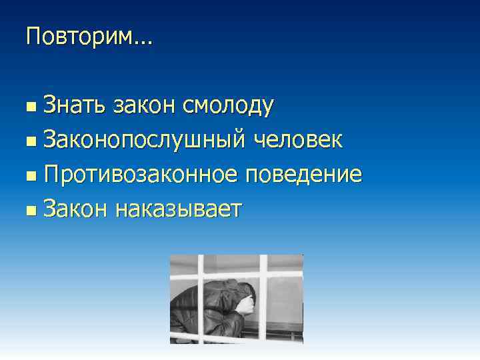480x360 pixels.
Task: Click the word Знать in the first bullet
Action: tap(74, 105)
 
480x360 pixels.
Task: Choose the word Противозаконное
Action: tap(141, 175)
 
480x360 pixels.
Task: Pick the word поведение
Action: tap(304, 175)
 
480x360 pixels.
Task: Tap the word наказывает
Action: tap(178, 210)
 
